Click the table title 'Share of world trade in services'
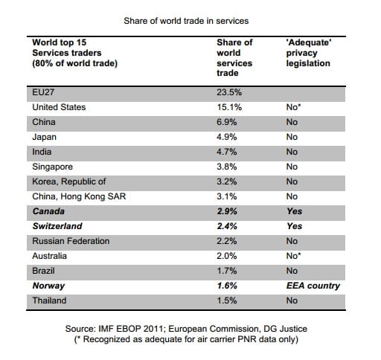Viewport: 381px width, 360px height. tap(186, 21)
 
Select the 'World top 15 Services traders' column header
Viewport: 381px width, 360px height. tap(74, 53)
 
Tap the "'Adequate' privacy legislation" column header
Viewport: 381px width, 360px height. tap(309, 53)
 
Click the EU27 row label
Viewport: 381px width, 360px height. tap(43, 92)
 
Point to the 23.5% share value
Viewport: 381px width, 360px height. tap(229, 92)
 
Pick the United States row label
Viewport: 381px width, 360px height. tap(59, 107)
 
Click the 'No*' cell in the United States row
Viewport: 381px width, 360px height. tap(293, 107)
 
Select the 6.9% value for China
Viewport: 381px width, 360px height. tap(227, 122)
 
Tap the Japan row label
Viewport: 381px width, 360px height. tap(44, 137)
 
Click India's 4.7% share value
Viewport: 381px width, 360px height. tap(227, 152)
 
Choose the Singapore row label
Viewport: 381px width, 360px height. tap(52, 167)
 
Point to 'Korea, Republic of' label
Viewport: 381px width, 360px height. tap(69, 181)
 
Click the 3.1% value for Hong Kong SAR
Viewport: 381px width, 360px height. tap(227, 196)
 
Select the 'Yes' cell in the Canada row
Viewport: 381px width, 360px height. tap(295, 211)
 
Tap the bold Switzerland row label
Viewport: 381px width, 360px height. tap(57, 226)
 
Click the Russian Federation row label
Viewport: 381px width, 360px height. tap(71, 241)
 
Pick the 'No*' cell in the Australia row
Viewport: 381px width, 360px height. tap(293, 256)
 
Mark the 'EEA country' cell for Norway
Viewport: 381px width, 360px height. tap(313, 286)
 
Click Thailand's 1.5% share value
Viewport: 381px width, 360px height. tap(227, 300)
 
